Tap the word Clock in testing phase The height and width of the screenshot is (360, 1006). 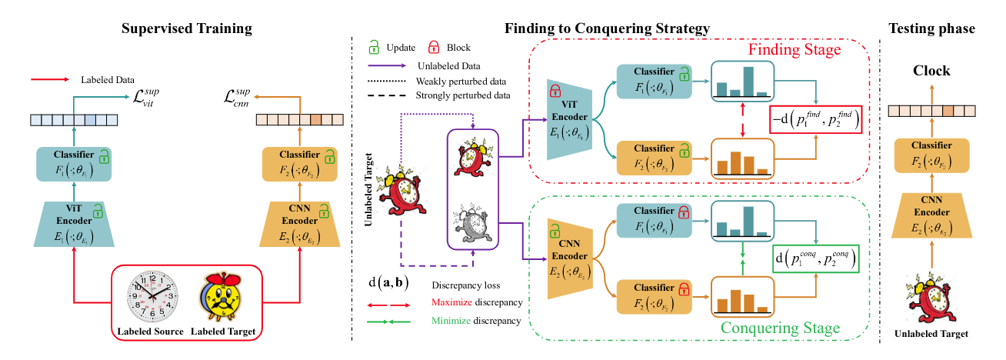[931, 71]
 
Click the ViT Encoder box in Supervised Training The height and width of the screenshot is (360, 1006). [74, 223]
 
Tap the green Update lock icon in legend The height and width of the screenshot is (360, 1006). [375, 48]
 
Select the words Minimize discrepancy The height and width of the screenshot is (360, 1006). [477, 321]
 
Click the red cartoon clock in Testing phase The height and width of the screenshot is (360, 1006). [931, 298]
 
